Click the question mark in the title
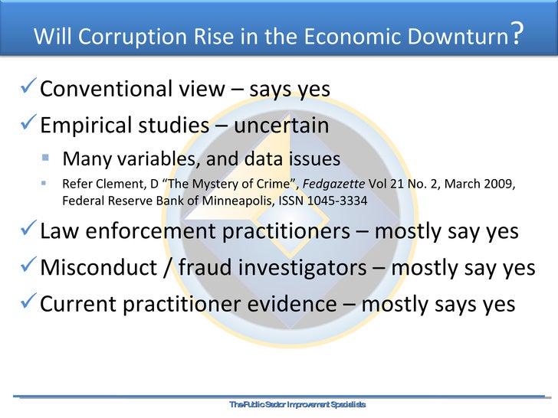(x=518, y=34)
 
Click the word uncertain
(x=281, y=125)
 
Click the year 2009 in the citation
(x=497, y=185)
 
